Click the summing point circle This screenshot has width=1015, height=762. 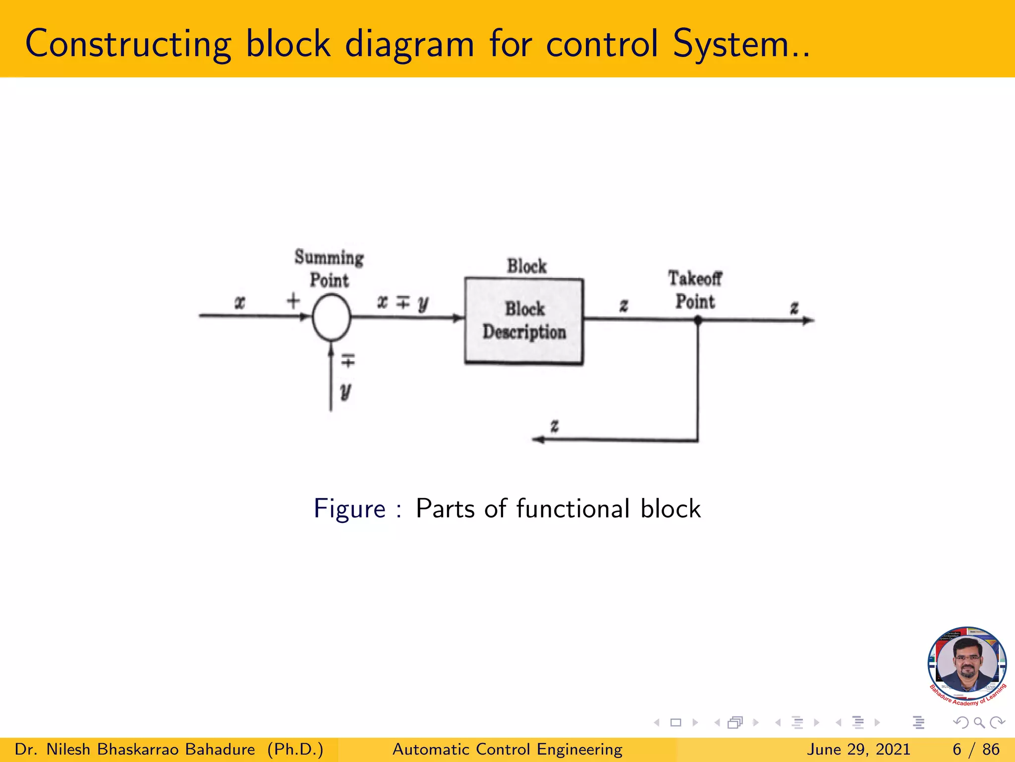click(332, 317)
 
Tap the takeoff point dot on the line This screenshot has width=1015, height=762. click(698, 320)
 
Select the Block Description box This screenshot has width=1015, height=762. click(524, 321)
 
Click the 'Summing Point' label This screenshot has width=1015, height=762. click(329, 268)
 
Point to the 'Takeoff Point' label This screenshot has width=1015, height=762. click(695, 290)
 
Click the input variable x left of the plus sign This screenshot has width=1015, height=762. click(240, 302)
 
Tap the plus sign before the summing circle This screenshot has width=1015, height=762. click(293, 301)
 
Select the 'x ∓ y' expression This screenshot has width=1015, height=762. click(403, 302)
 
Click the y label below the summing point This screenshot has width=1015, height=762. click(346, 391)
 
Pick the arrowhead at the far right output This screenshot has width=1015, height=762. click(808, 320)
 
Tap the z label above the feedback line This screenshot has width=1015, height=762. click(555, 426)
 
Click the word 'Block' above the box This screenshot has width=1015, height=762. click(526, 266)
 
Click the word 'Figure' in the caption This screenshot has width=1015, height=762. click(349, 509)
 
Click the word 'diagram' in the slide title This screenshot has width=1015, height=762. click(409, 45)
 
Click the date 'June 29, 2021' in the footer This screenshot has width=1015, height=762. click(859, 749)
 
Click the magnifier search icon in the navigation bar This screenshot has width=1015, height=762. click(979, 723)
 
